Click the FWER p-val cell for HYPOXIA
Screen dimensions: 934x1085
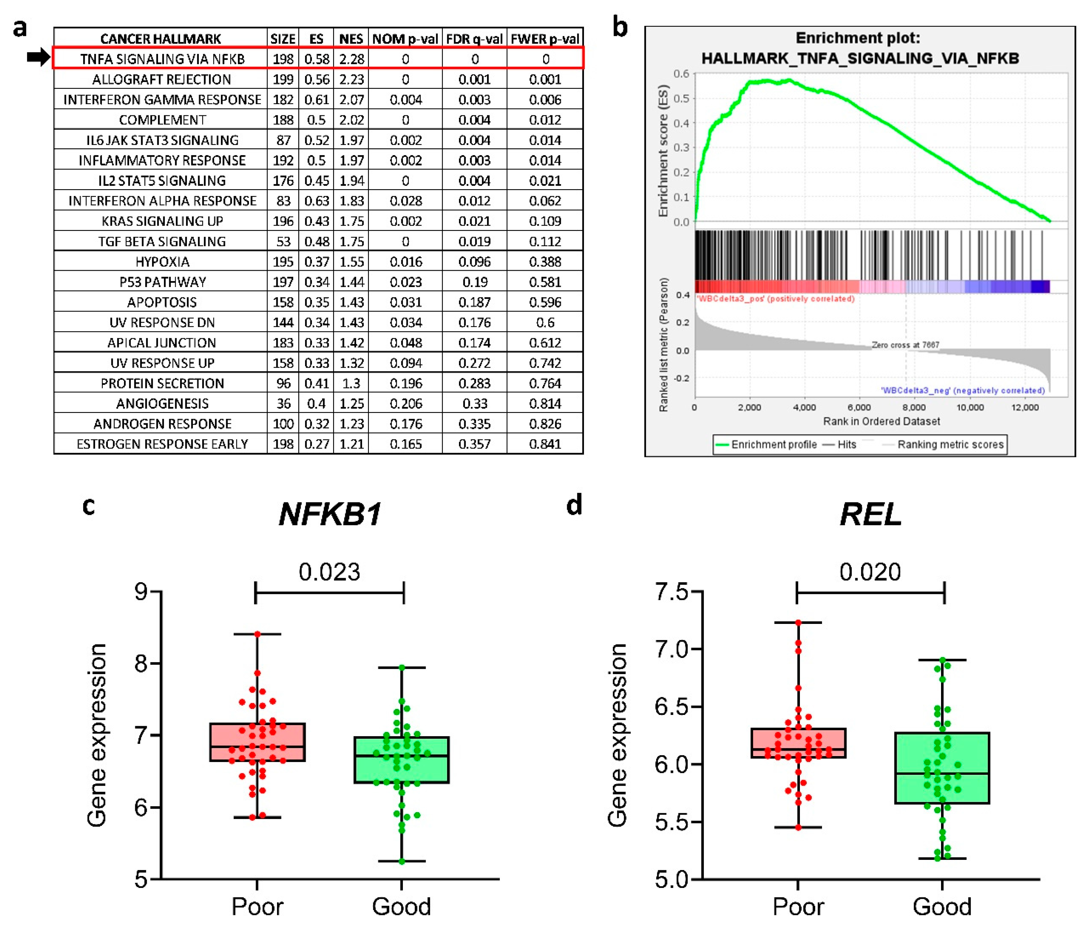point(545,261)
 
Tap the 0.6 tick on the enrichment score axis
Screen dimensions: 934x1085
point(681,74)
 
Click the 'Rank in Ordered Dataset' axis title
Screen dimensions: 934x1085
point(881,421)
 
